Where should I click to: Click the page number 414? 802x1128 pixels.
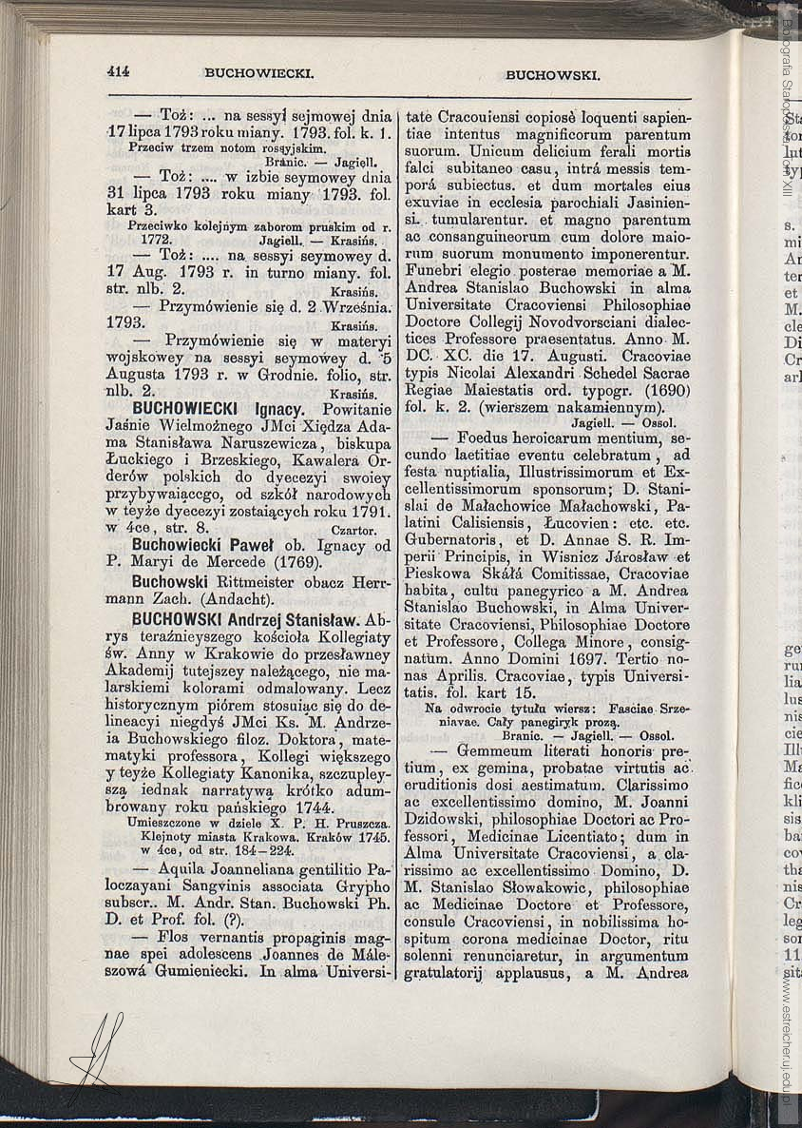(118, 70)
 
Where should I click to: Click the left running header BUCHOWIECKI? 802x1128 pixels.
(259, 72)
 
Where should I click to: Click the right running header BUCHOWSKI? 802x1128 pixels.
(552, 73)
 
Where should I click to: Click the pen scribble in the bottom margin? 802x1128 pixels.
(99, 1050)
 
